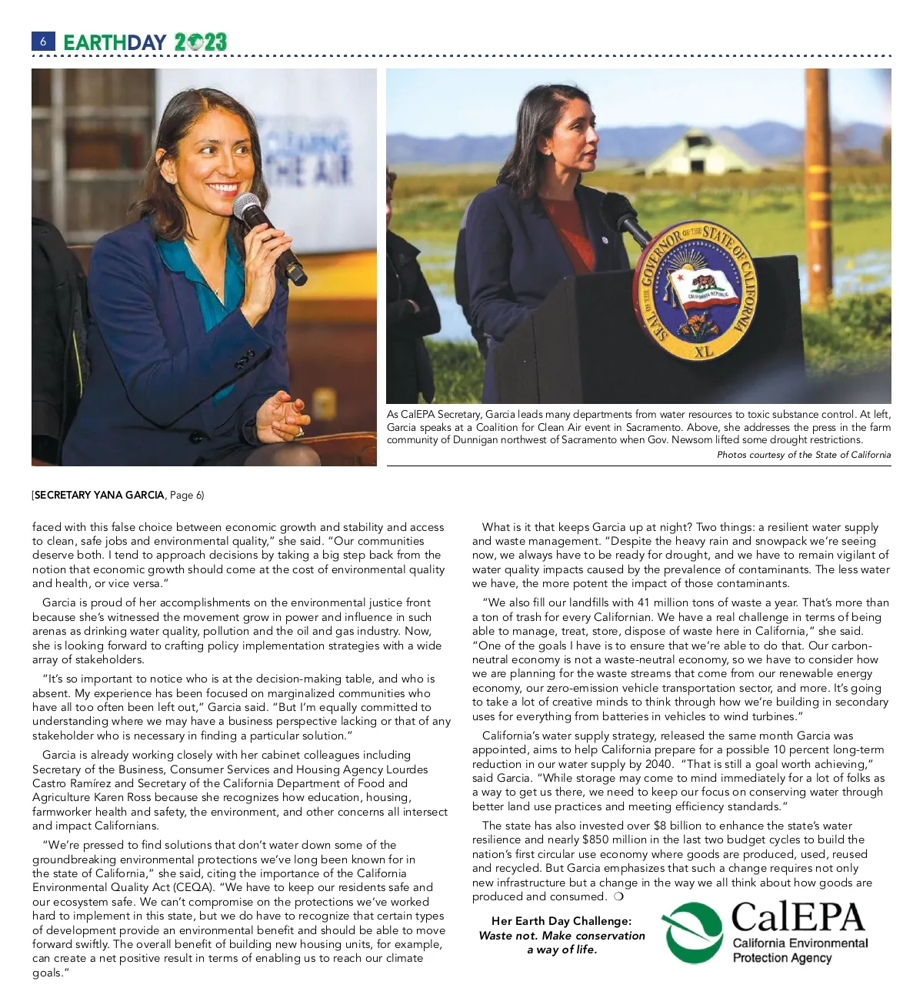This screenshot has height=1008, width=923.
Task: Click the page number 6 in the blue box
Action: (x=43, y=42)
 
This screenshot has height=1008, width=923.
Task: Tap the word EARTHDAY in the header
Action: (x=115, y=42)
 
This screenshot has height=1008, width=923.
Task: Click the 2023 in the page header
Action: (x=200, y=42)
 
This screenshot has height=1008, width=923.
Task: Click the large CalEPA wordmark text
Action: (x=798, y=917)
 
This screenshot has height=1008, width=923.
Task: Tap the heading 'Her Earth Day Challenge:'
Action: (x=561, y=921)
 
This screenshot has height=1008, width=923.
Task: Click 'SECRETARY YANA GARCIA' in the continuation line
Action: (x=99, y=495)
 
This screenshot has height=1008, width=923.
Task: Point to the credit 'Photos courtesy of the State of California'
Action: (x=804, y=455)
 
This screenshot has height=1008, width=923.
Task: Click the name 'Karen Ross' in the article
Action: (x=125, y=797)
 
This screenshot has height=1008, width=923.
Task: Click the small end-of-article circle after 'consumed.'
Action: (x=619, y=896)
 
